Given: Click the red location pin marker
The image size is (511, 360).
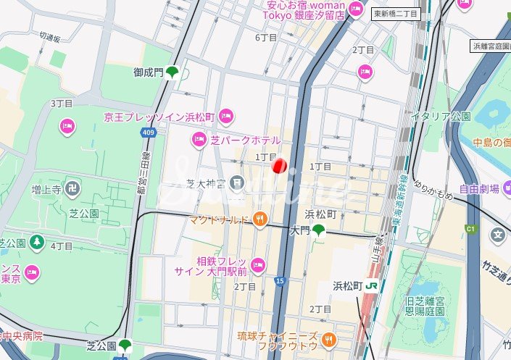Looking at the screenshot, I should [x=280, y=166].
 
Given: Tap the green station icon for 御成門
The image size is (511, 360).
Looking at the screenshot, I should [x=173, y=72].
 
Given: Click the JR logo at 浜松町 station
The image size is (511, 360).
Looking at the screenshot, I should [x=373, y=285].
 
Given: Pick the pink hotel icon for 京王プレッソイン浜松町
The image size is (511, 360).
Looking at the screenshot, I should [x=226, y=114].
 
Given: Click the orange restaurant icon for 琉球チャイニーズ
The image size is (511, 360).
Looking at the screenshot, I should [x=328, y=338].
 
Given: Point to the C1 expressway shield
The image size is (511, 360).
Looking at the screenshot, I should [x=470, y=230].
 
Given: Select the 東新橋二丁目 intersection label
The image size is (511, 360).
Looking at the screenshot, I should [x=396, y=14].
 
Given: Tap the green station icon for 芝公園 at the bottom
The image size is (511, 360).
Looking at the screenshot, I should [x=126, y=345].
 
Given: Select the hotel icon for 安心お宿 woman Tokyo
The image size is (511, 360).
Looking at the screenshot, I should [x=356, y=9].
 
